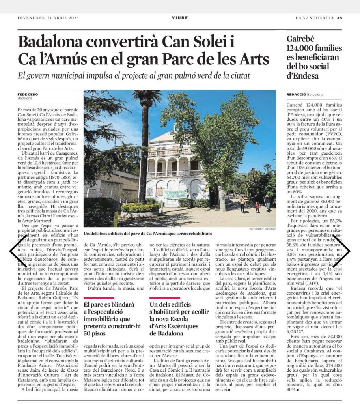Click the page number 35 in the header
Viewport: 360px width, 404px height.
pos(339,18)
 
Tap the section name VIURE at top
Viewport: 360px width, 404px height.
pos(180,18)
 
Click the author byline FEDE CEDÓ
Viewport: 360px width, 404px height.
pos(28,94)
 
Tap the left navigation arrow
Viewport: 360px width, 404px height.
pos(17,250)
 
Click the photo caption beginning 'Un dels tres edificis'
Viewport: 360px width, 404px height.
pos(147,234)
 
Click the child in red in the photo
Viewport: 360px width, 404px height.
pos(257,206)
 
